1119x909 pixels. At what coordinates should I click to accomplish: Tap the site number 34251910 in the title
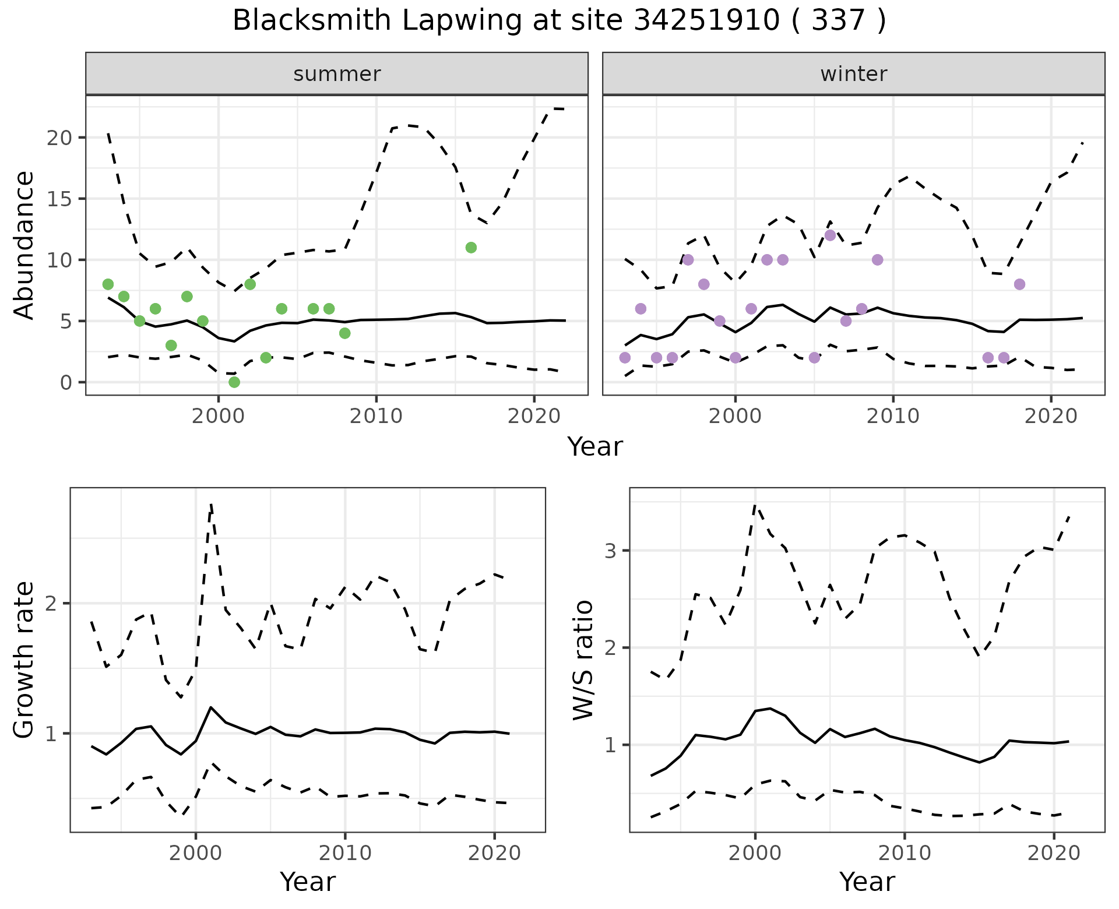click(x=706, y=21)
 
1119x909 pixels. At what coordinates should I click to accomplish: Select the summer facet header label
click(x=337, y=74)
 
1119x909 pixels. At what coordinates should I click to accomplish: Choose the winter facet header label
click(x=854, y=74)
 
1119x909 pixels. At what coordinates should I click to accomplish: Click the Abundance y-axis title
click(x=24, y=245)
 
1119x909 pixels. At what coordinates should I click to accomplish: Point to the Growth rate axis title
click(x=24, y=660)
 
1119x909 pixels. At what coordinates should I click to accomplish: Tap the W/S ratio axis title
click(x=583, y=660)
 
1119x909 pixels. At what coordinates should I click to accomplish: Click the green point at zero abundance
click(x=234, y=382)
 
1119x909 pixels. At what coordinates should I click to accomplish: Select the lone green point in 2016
click(x=471, y=248)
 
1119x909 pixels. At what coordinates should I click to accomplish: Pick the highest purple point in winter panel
click(x=831, y=235)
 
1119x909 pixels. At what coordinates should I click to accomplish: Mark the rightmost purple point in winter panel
click(x=1019, y=284)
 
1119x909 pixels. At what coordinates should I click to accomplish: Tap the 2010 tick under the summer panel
click(x=376, y=416)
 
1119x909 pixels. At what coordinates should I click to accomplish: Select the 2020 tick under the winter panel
click(x=1051, y=416)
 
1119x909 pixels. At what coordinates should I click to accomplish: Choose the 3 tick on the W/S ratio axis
click(x=611, y=550)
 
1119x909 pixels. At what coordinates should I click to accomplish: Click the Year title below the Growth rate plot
click(x=308, y=882)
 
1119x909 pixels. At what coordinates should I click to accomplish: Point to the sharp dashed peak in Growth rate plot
click(x=211, y=505)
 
